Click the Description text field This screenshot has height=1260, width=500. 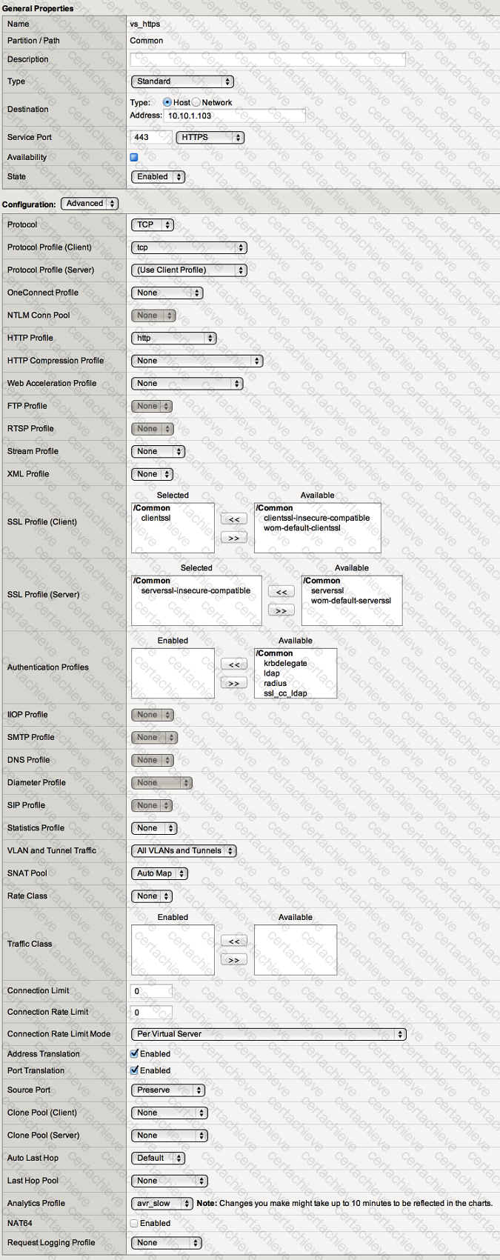pyautogui.click(x=267, y=59)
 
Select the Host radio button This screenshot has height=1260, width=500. pyautogui.click(x=167, y=102)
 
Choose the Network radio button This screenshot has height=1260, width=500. pyautogui.click(x=196, y=102)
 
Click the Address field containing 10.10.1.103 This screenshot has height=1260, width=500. pyautogui.click(x=234, y=116)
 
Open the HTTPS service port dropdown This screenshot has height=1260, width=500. pyautogui.click(x=210, y=137)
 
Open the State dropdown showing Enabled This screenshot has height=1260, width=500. pyautogui.click(x=158, y=176)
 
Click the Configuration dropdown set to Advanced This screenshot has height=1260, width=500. pyautogui.click(x=90, y=204)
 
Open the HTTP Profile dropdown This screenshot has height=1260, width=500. pyautogui.click(x=173, y=338)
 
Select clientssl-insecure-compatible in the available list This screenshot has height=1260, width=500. pyautogui.click(x=316, y=518)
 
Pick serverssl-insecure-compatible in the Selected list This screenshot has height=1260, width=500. pyautogui.click(x=196, y=590)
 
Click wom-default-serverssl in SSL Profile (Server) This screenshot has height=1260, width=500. pyautogui.click(x=350, y=601)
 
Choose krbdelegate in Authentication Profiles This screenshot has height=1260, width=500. pyautogui.click(x=285, y=663)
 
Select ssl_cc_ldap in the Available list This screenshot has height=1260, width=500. pyautogui.click(x=285, y=693)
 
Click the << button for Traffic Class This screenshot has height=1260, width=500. pyautogui.click(x=233, y=941)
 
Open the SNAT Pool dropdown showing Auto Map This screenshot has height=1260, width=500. pyautogui.click(x=159, y=873)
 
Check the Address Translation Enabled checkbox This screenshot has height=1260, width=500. pyautogui.click(x=135, y=1053)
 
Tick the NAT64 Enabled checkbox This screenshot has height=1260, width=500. pyautogui.click(x=135, y=1223)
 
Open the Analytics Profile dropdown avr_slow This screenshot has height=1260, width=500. pyautogui.click(x=162, y=1203)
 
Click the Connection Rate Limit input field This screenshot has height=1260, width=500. pyautogui.click(x=152, y=1012)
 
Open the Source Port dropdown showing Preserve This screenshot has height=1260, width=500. pyautogui.click(x=168, y=1090)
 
